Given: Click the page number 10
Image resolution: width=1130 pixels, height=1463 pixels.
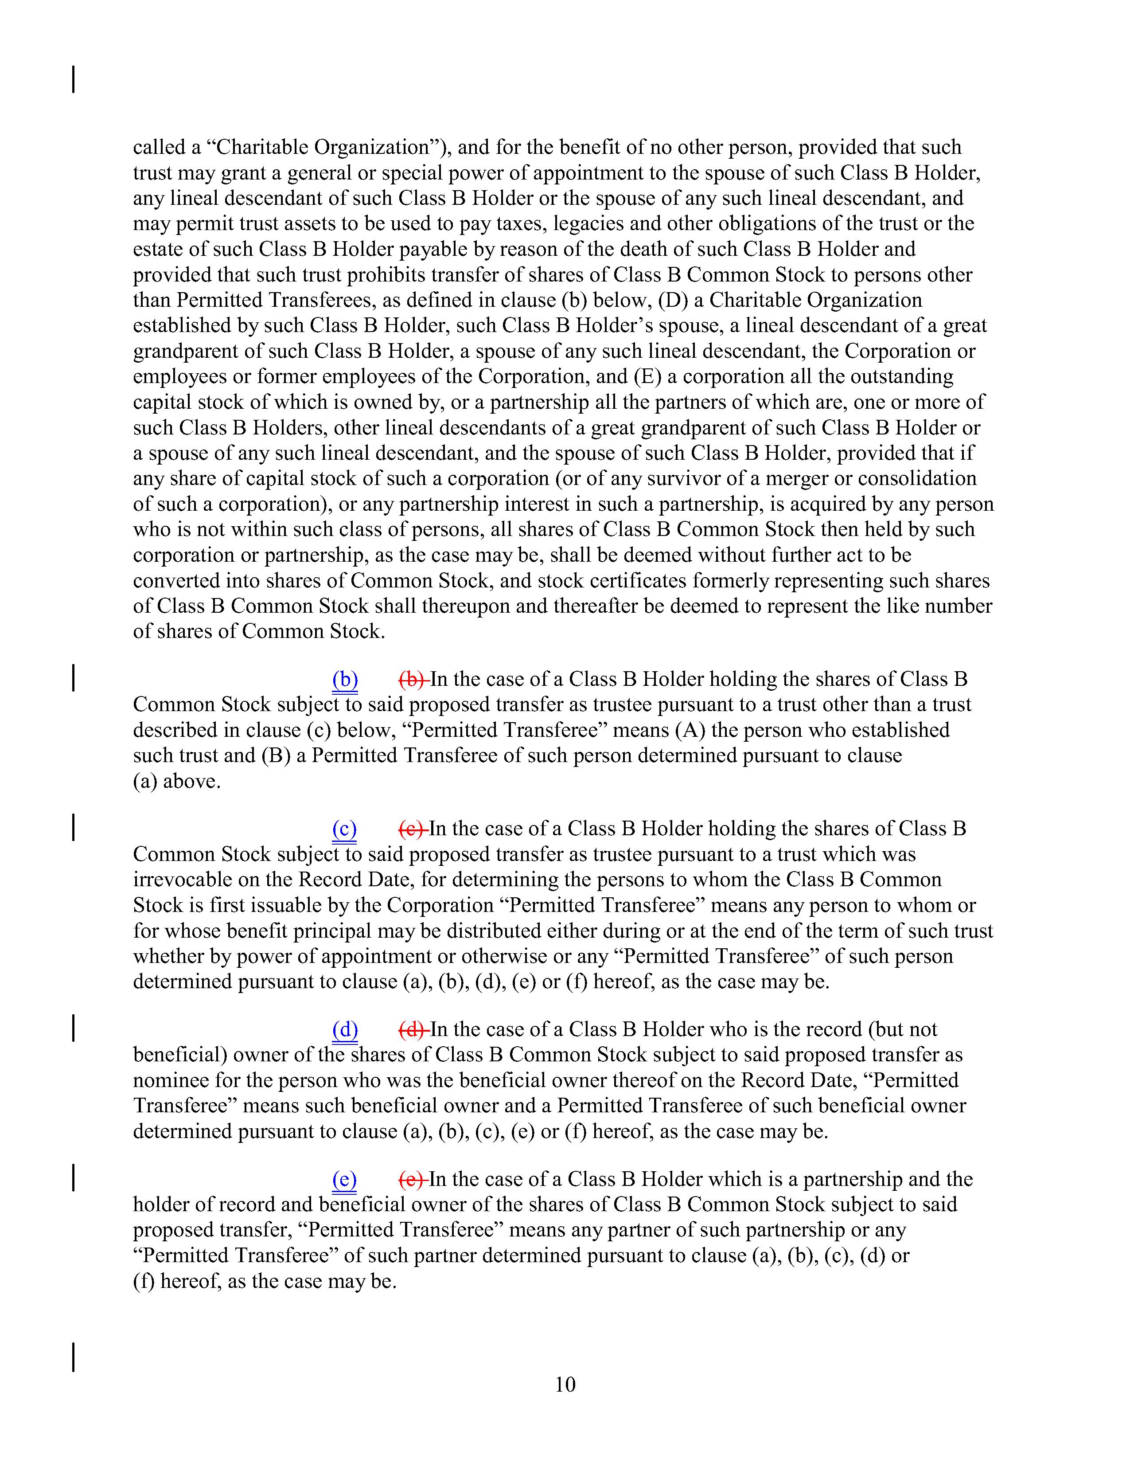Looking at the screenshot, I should click(x=565, y=1384).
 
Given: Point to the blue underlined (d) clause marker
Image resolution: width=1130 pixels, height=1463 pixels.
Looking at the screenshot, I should click(x=345, y=1029).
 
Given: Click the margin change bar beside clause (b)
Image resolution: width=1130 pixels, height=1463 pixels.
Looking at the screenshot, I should click(x=73, y=677).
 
